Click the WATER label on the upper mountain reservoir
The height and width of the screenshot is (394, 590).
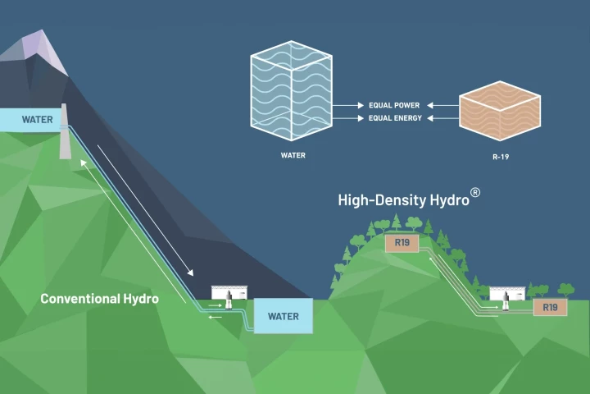click(37, 120)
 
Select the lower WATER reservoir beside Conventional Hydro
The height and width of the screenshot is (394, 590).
click(283, 316)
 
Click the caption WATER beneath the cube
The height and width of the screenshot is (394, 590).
click(291, 153)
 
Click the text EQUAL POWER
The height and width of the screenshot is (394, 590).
click(395, 106)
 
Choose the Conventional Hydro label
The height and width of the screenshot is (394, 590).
click(99, 299)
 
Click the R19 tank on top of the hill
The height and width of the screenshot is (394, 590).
click(402, 243)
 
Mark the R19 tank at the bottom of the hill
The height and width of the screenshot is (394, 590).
click(550, 308)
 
